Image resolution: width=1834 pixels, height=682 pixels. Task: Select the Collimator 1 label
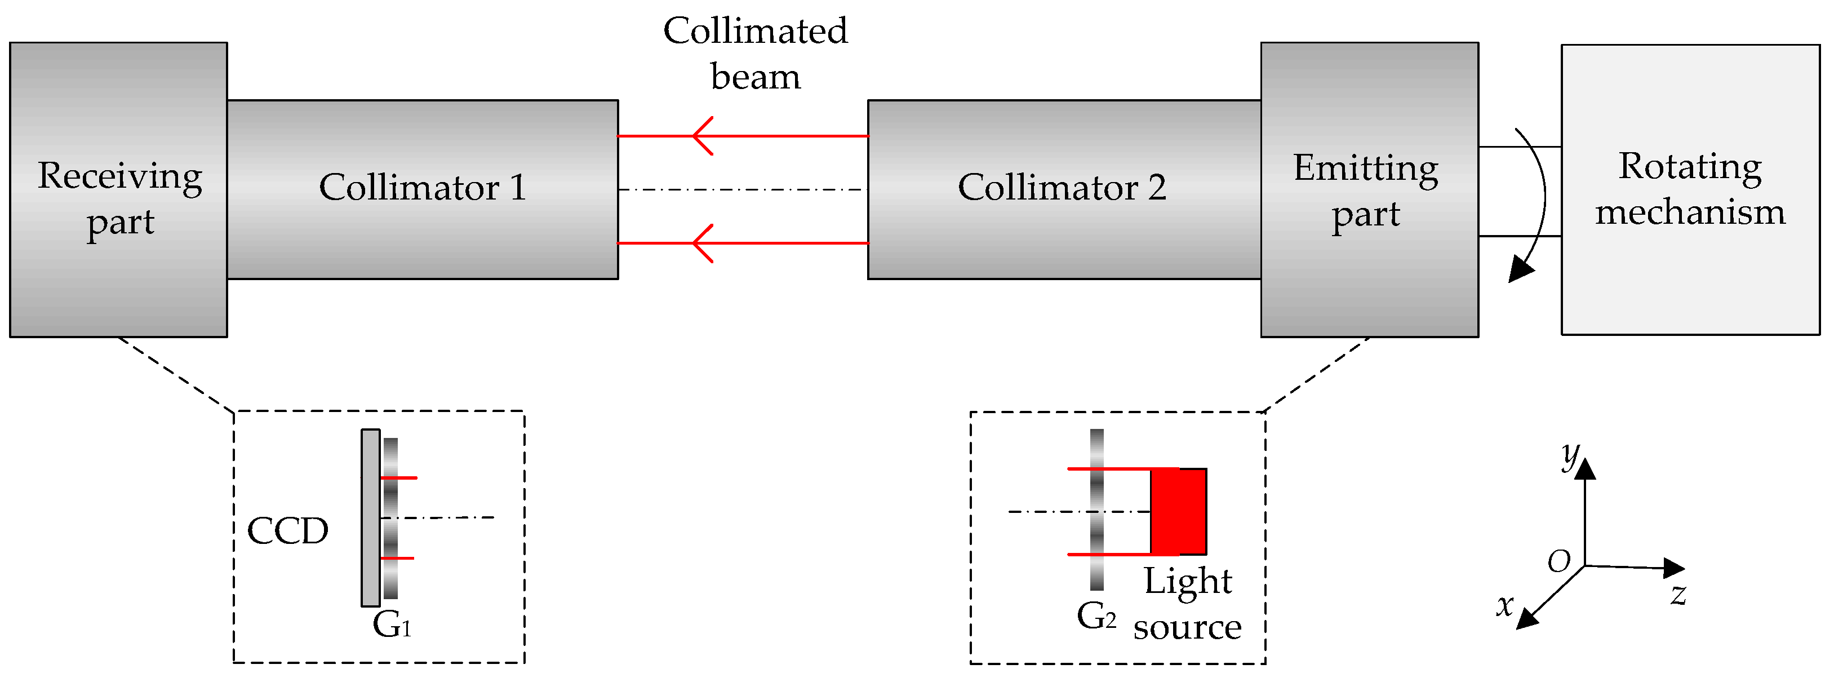pos(422,188)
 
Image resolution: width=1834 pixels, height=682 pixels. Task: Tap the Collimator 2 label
pos(1062,188)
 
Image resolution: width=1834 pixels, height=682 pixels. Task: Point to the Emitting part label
pos(1366,191)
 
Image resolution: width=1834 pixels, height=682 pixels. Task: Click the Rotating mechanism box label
pos(1690,189)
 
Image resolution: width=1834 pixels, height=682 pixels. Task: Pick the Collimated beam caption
pos(756,54)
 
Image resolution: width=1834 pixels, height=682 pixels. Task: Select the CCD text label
pos(287,531)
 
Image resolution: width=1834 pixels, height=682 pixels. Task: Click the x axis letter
pos(1505,605)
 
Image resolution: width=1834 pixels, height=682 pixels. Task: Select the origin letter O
pos(1559,562)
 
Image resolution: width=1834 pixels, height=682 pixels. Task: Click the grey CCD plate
pos(370,517)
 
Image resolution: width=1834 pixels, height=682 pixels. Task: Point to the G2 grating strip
pos(1097,510)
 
